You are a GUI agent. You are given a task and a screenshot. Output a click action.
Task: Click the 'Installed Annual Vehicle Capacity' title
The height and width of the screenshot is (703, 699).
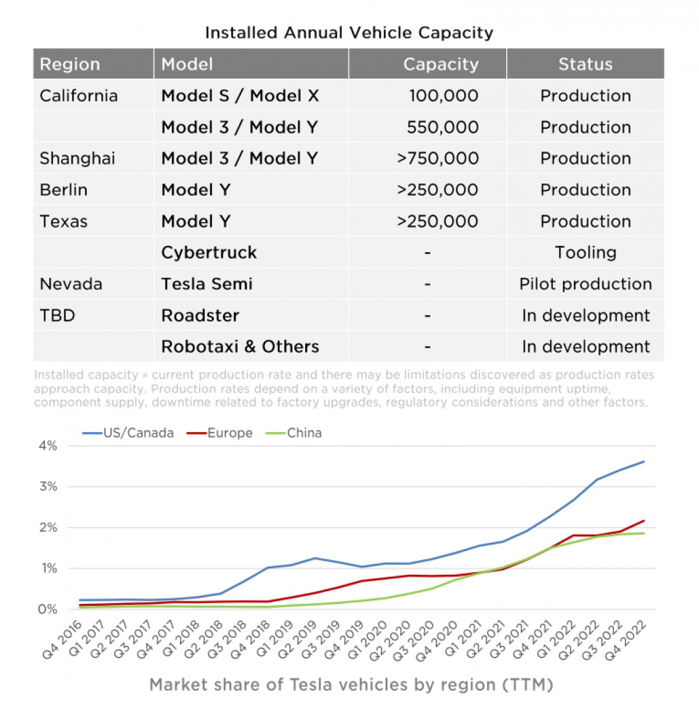pos(349,33)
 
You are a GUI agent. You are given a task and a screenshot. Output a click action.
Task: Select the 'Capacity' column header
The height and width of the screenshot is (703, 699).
pos(440,64)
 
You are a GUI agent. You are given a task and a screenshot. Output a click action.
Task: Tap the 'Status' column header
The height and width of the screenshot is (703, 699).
pos(585,64)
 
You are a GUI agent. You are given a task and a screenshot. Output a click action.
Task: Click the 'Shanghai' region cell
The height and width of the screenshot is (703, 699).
pos(77,158)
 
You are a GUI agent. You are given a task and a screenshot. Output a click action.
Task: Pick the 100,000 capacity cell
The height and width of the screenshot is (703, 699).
pos(443,96)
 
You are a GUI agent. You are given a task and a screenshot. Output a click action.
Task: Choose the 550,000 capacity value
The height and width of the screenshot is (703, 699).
pos(443,127)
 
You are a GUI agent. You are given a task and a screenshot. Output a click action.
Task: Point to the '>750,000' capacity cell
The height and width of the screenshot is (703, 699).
pos(437,158)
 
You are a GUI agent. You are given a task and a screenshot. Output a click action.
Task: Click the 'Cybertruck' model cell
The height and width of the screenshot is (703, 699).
pos(209,252)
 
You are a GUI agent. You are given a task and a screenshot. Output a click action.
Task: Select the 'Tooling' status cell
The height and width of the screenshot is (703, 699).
pos(585,252)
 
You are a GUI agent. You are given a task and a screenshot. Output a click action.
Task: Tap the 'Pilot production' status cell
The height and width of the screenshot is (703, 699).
pos(585,284)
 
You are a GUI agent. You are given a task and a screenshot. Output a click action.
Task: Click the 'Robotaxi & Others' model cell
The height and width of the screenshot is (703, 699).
pos(240,347)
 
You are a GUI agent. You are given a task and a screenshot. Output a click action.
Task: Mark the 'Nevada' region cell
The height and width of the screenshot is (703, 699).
pos(71,284)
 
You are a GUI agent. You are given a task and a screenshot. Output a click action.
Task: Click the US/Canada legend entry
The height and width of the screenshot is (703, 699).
pos(128,433)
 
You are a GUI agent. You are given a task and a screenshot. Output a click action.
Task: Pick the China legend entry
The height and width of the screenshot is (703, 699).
pos(294,433)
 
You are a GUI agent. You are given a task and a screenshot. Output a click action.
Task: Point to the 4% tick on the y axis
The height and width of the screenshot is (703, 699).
pos(48,446)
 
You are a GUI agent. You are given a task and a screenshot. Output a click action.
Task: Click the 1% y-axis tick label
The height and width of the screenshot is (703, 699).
pos(48,568)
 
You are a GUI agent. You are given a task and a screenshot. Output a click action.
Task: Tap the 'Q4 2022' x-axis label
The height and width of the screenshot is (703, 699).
pos(626,640)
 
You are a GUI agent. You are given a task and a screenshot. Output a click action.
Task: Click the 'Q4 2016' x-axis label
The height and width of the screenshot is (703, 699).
pos(62,640)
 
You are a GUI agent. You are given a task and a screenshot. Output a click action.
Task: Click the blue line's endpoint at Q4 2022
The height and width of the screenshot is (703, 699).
pos(644,461)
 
